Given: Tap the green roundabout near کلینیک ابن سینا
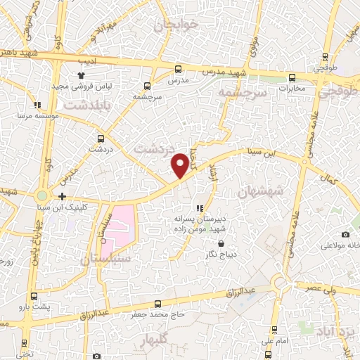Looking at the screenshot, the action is coord(43,195).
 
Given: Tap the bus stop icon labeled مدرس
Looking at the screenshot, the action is coord(177,70).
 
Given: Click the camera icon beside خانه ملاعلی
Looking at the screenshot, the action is coord(345,234).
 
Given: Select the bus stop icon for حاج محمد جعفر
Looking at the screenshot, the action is coord(157,304).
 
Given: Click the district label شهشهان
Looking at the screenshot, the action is coord(259,191).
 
